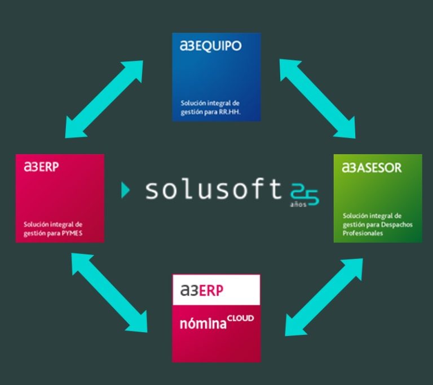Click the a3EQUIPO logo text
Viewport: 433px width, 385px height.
click(x=210, y=47)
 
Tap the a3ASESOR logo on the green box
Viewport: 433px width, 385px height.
click(x=372, y=168)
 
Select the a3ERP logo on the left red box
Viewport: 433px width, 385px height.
click(x=41, y=167)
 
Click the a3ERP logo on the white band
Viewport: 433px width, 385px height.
click(x=202, y=290)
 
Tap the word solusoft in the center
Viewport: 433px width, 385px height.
click(x=213, y=190)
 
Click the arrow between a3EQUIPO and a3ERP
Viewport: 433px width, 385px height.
click(x=104, y=98)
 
